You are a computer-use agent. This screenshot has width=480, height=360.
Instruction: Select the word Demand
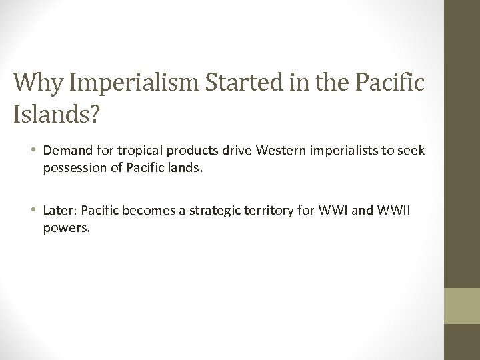click(x=64, y=152)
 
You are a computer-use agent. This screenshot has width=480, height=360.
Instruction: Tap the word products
click(x=181, y=152)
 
